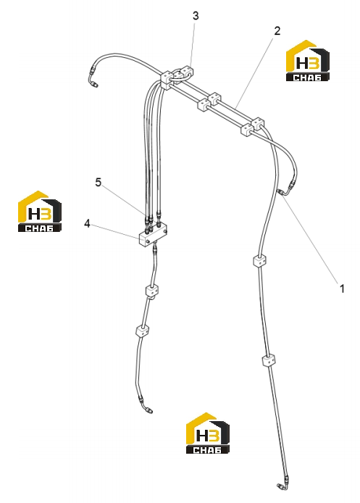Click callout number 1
click(x=342, y=288)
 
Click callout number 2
click(x=277, y=31)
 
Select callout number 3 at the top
click(x=196, y=16)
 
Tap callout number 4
click(x=87, y=223)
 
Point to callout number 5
click(x=98, y=182)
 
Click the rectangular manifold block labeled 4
click(x=153, y=234)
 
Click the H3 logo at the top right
click(x=307, y=61)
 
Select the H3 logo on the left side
click(x=39, y=212)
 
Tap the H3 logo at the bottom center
click(x=208, y=433)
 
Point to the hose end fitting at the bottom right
click(x=282, y=486)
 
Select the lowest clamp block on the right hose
click(x=269, y=360)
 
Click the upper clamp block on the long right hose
click(x=260, y=260)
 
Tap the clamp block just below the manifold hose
click(x=152, y=291)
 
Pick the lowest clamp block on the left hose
click(x=142, y=331)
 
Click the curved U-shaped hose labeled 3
click(x=180, y=75)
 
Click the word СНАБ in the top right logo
click(x=307, y=78)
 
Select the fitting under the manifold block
click(x=155, y=249)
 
